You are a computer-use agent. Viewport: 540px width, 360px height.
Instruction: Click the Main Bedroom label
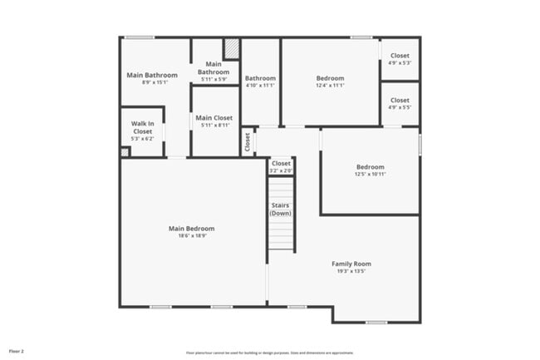[x=191, y=229]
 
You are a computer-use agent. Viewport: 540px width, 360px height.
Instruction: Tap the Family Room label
[x=351, y=264]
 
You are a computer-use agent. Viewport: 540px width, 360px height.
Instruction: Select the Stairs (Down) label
[x=281, y=209]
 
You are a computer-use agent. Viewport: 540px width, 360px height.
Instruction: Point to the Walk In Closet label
[x=142, y=127]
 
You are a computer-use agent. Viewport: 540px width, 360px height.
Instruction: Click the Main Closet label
[x=214, y=118]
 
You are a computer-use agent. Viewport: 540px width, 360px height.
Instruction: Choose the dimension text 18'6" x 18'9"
[x=191, y=236]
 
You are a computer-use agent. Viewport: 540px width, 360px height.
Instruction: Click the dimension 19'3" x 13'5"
[x=351, y=271]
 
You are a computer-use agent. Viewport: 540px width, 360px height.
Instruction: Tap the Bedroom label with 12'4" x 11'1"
[x=330, y=77]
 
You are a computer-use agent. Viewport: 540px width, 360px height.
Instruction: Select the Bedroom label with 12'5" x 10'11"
[x=370, y=166]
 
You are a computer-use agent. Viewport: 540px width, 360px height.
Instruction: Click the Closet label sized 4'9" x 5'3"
[x=400, y=56]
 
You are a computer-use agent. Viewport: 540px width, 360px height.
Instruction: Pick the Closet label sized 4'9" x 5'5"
[x=400, y=100]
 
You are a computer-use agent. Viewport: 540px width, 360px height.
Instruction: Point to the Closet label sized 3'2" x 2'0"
[x=281, y=164]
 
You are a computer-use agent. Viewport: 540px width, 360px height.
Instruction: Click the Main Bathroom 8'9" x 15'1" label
[x=152, y=75]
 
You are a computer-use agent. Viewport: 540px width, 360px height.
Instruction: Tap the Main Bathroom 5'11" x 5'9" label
[x=213, y=68]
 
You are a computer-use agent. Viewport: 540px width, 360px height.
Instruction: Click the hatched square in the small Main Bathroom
[x=232, y=49]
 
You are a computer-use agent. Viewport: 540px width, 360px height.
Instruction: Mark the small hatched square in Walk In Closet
[x=125, y=152]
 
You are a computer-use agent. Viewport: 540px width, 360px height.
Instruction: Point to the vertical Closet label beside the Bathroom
[x=247, y=141]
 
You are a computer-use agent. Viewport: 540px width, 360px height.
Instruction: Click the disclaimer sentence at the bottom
[x=270, y=352]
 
